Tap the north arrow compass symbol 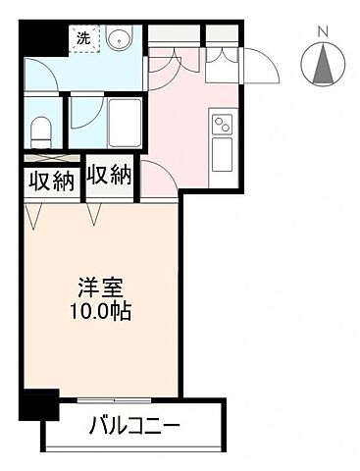point(323,65)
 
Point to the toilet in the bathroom point(42,130)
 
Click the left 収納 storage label point(47,182)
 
